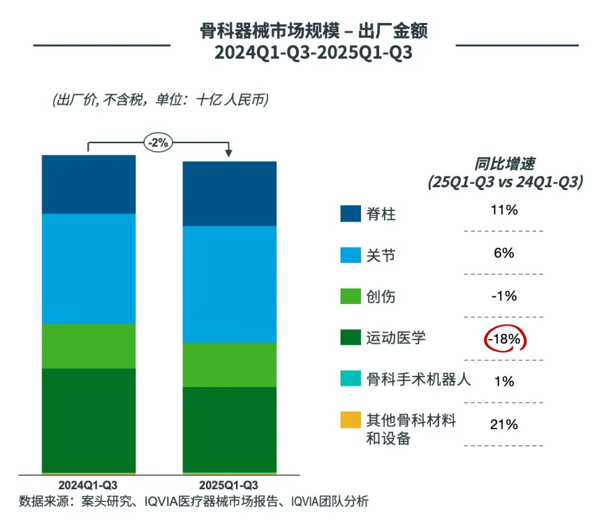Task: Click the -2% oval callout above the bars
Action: coord(159,143)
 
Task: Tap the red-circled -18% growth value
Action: coord(503,339)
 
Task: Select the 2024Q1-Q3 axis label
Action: coord(88,485)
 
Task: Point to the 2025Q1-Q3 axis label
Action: coord(229,485)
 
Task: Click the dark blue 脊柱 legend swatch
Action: coord(350,213)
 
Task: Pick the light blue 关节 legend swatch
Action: coord(350,254)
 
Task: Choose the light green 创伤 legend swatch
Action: coord(350,296)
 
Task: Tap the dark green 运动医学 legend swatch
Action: coord(350,338)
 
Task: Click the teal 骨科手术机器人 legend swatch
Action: coord(350,379)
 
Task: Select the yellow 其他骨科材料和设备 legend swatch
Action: coord(350,421)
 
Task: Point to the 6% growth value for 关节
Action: coord(503,253)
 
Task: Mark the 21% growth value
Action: coord(503,424)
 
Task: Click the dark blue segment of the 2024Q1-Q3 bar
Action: coord(89,184)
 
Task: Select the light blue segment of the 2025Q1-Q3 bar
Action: coord(230,284)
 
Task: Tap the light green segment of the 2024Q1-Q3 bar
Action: coord(89,346)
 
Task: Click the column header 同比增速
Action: coord(504,165)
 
